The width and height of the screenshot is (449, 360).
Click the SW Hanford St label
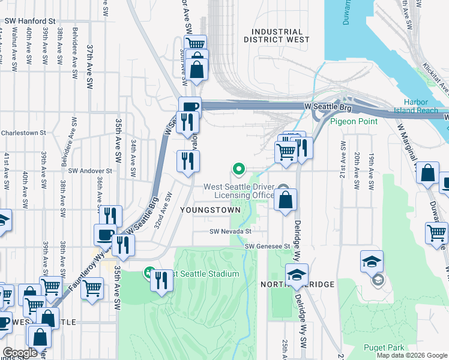click(x=30, y=20)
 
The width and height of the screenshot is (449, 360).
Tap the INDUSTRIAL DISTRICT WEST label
click(x=277, y=36)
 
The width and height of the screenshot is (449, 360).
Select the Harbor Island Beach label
click(x=424, y=106)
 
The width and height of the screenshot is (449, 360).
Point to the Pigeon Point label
click(x=354, y=121)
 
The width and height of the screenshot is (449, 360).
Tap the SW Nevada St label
click(x=230, y=231)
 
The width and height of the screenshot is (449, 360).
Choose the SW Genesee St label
click(x=267, y=246)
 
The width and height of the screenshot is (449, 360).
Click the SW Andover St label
click(x=91, y=171)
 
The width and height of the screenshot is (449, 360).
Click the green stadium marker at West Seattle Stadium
click(x=148, y=274)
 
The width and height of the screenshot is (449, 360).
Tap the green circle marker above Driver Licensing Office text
click(x=238, y=169)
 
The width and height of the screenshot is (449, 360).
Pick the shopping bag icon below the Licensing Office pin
click(x=286, y=200)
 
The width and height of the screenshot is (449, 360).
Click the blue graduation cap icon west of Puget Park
click(x=371, y=262)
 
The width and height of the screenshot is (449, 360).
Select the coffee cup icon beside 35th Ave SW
click(x=106, y=235)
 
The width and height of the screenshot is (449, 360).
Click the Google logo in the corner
click(x=19, y=353)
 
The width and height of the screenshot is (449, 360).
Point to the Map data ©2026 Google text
click(x=412, y=355)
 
